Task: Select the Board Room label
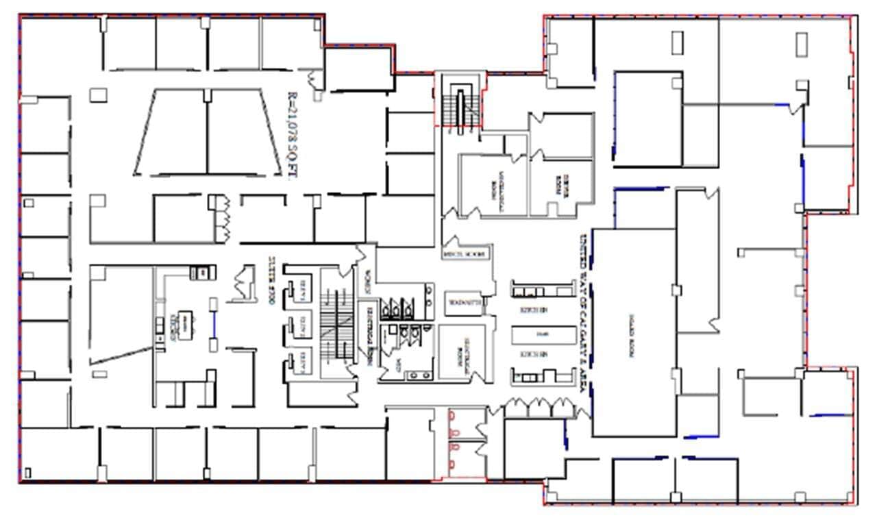pyautogui.click(x=630, y=336)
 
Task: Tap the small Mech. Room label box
pyautogui.click(x=466, y=253)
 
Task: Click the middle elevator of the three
pyautogui.click(x=300, y=324)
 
